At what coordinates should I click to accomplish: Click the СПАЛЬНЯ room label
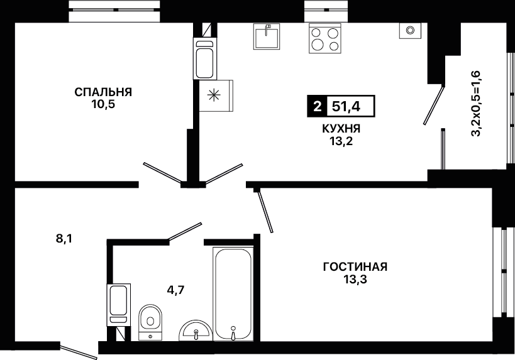pyautogui.click(x=103, y=92)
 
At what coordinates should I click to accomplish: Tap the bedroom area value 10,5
pyautogui.click(x=103, y=105)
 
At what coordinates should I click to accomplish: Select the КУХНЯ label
pyautogui.click(x=341, y=129)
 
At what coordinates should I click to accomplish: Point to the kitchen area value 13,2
pyautogui.click(x=341, y=141)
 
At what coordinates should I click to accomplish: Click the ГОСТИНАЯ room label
pyautogui.click(x=355, y=267)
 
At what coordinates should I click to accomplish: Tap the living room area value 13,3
pyautogui.click(x=355, y=280)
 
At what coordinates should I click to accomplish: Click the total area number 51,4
pyautogui.click(x=346, y=106)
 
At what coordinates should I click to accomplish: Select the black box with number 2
pyautogui.click(x=317, y=106)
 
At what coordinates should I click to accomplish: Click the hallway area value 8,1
pyautogui.click(x=64, y=239)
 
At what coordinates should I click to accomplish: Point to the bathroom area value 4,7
pyautogui.click(x=176, y=290)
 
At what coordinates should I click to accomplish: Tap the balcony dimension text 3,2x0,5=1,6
pyautogui.click(x=476, y=104)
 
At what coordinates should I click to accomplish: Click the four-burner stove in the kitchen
pyautogui.click(x=325, y=39)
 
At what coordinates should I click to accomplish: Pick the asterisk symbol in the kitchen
pyautogui.click(x=214, y=95)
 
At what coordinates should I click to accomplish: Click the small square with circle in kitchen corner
pyautogui.click(x=410, y=31)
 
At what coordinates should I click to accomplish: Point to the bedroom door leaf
pyautogui.click(x=162, y=172)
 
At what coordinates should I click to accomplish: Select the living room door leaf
pyautogui.click(x=265, y=212)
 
